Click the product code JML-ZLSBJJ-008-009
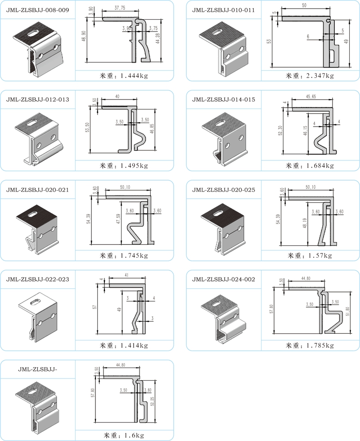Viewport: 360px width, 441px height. click(38, 10)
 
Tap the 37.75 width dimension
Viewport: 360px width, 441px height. click(120, 8)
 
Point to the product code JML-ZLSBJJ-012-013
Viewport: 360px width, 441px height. click(38, 100)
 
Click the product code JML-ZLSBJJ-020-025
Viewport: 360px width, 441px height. click(223, 190)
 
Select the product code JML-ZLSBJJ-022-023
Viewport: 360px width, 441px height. click(38, 279)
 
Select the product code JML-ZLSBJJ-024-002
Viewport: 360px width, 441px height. click(223, 279)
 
